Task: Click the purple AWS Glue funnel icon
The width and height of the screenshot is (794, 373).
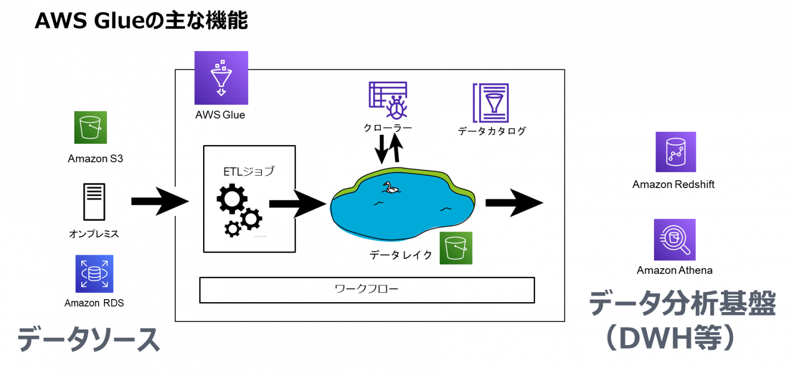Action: point(221,77)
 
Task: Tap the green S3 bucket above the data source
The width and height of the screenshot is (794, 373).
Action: point(90,127)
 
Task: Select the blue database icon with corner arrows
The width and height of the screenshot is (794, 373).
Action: point(95,274)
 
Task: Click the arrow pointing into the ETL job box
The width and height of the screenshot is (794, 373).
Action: point(160,201)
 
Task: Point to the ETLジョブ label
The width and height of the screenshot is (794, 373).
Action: point(249,172)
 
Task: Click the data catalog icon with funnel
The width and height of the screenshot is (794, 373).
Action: point(491,103)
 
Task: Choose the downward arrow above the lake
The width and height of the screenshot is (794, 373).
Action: point(381,148)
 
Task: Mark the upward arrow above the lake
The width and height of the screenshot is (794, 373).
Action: point(396,147)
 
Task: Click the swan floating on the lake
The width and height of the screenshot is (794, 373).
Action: point(391,188)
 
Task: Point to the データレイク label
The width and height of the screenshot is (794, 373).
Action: point(401,255)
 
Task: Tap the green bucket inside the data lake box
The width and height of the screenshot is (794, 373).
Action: point(455,248)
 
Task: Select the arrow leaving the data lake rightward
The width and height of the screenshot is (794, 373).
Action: point(514,203)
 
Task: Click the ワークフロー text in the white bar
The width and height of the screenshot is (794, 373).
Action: point(367,289)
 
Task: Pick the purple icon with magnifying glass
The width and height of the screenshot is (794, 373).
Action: point(675,240)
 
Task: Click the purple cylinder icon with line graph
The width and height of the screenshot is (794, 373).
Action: point(676,152)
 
